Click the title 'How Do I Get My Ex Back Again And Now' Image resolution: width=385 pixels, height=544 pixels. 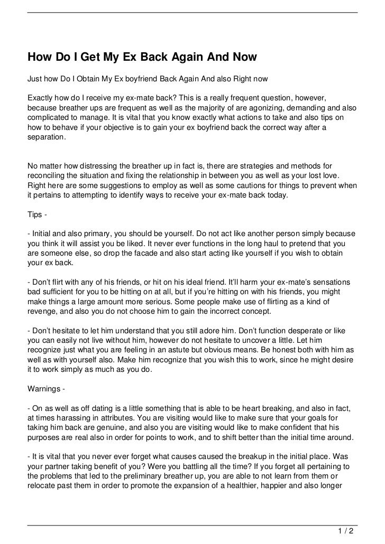coord(142,57)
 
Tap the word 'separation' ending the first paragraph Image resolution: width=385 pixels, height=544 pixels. coord(46,137)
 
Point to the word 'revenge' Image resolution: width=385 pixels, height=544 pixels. coord(43,310)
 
